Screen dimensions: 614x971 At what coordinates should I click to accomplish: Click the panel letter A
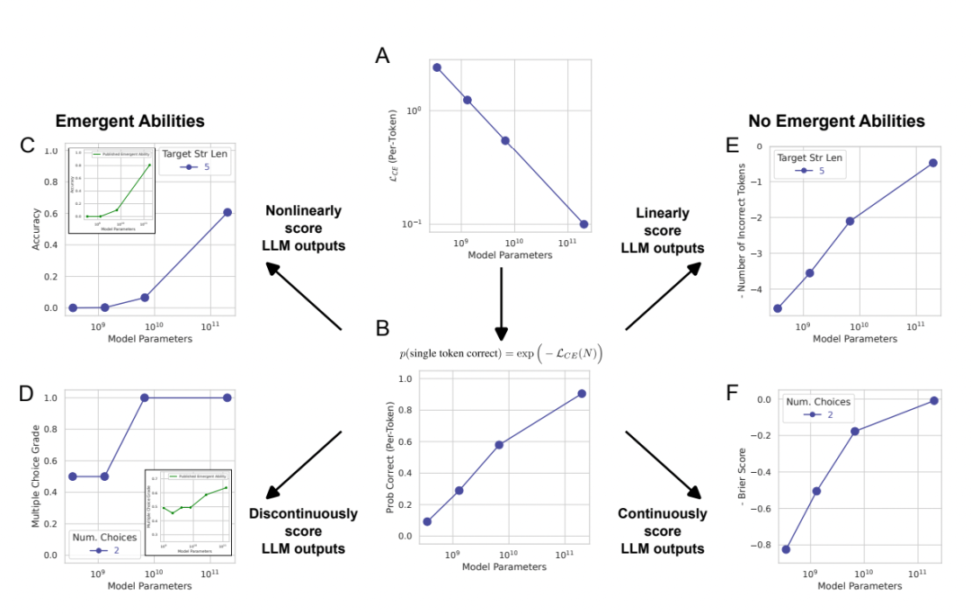(x=382, y=57)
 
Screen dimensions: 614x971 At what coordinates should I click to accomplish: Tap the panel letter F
(x=734, y=394)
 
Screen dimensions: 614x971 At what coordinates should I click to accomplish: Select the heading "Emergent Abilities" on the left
(x=130, y=121)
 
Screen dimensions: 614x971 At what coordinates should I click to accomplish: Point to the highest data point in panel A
(x=437, y=67)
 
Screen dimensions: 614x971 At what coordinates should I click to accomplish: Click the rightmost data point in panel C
(x=227, y=212)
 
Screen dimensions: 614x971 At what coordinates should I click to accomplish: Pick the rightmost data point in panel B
(x=583, y=394)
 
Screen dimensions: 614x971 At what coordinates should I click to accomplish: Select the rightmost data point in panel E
(x=933, y=163)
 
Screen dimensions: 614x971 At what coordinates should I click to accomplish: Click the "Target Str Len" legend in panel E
(x=809, y=165)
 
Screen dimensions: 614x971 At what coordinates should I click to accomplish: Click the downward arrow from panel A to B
(x=502, y=306)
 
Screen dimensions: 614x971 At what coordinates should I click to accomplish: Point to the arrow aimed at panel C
(x=304, y=294)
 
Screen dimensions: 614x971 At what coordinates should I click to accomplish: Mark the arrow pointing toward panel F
(x=664, y=464)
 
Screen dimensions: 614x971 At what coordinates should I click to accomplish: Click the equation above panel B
(x=501, y=353)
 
